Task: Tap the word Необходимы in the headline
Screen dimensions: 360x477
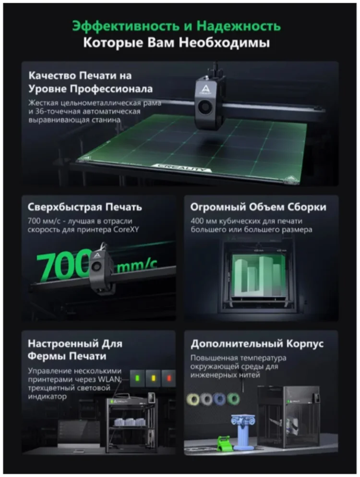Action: point(224,43)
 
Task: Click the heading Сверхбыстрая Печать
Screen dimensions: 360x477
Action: point(85,207)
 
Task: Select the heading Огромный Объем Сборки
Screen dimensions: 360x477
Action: point(258,207)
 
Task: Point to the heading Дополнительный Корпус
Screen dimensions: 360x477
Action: point(257,344)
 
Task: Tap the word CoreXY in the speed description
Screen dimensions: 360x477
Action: point(126,230)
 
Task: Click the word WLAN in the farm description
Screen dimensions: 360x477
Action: point(109,379)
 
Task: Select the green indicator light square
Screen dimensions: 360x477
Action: point(137,378)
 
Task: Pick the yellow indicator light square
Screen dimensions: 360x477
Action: point(153,378)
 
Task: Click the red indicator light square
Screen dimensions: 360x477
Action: point(169,378)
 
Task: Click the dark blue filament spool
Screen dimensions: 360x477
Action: point(219,399)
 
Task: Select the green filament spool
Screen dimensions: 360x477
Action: point(233,399)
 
